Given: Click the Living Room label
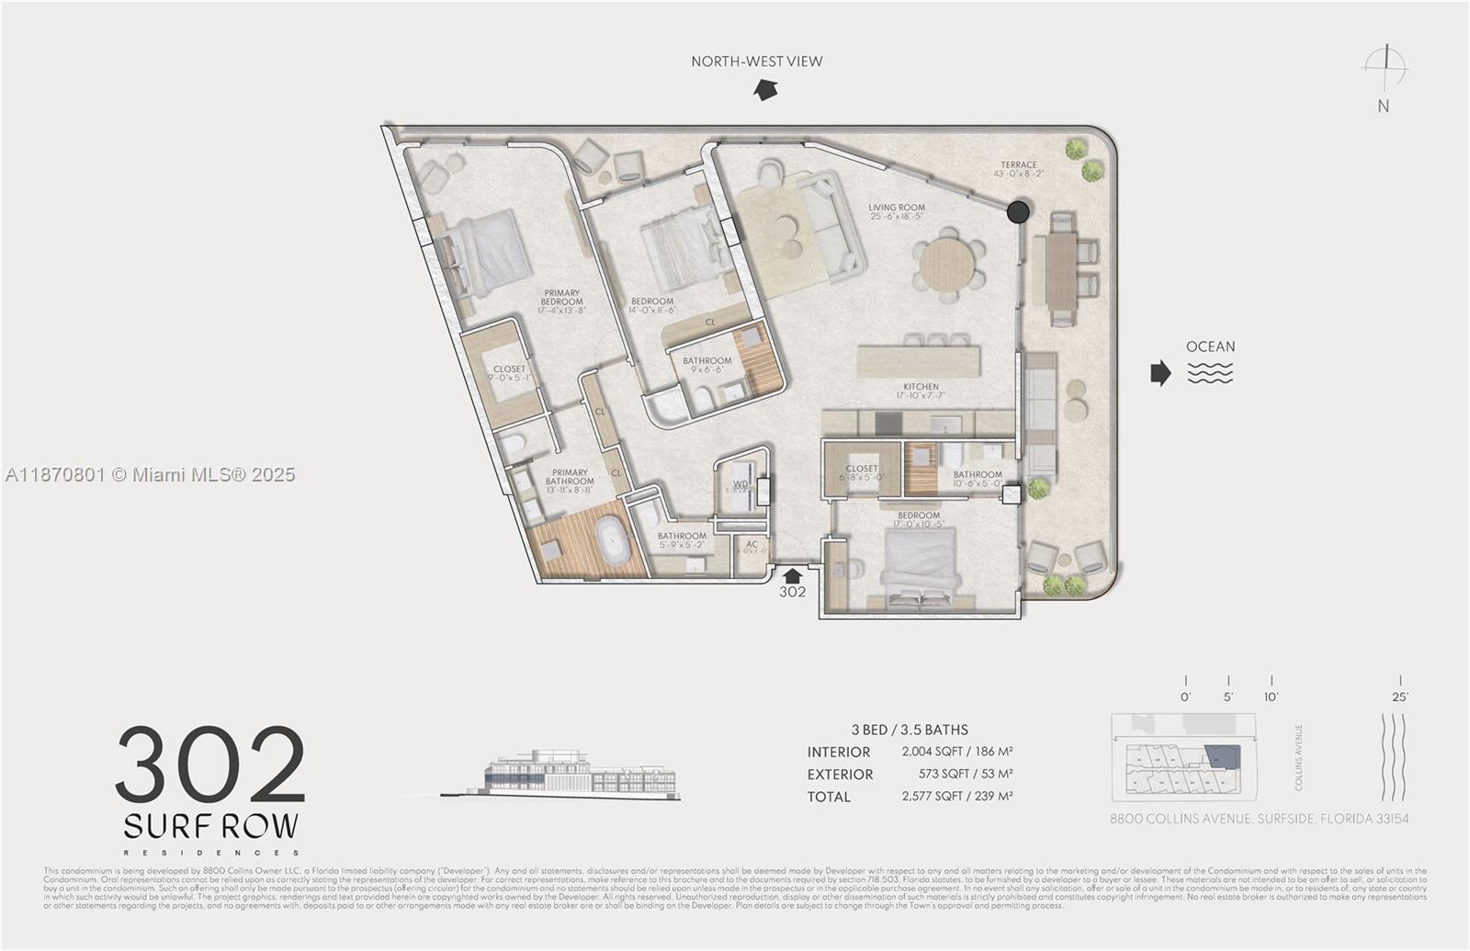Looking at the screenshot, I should click(x=897, y=208).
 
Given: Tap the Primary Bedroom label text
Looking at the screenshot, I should click(x=561, y=298).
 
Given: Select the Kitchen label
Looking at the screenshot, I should click(x=921, y=387).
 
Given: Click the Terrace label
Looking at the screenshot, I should click(x=1019, y=165).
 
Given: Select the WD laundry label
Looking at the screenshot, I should click(x=741, y=484).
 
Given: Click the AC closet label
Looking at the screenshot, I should click(x=752, y=545).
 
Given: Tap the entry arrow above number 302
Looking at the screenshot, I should click(x=792, y=575).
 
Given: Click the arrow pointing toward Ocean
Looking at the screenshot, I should click(x=1161, y=372).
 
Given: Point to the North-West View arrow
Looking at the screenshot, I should click(x=764, y=89).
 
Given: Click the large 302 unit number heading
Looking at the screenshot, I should click(x=211, y=764).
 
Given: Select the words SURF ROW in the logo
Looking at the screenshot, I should click(x=211, y=826).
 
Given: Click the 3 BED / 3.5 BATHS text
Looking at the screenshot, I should click(x=910, y=730).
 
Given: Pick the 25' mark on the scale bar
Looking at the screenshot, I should click(x=1400, y=696).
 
